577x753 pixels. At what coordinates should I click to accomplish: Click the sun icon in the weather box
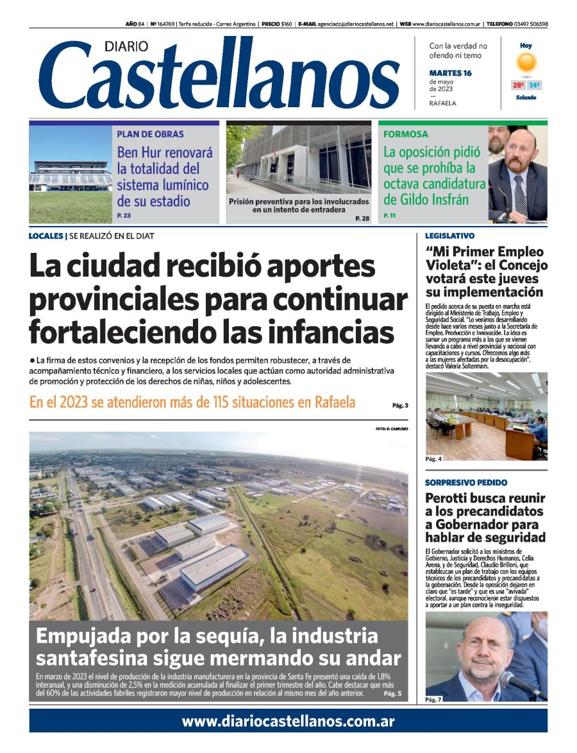click(x=526, y=62)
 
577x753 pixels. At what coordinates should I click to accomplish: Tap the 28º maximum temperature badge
click(x=518, y=85)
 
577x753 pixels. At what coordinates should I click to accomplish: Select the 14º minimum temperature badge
click(x=534, y=85)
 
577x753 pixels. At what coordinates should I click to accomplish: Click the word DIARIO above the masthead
click(x=127, y=46)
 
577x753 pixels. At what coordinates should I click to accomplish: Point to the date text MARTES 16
click(x=450, y=73)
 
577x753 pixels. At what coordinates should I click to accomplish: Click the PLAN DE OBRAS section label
click(x=150, y=134)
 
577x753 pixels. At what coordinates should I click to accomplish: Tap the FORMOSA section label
click(x=406, y=134)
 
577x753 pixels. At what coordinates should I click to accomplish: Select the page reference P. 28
click(x=362, y=219)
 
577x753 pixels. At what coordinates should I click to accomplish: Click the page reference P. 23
click(x=124, y=215)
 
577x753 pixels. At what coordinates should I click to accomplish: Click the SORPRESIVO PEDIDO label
click(x=466, y=482)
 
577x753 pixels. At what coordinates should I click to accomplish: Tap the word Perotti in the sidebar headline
click(x=449, y=498)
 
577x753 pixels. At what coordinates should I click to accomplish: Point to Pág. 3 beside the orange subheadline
click(x=400, y=405)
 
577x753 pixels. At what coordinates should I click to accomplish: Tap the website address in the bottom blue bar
click(x=288, y=721)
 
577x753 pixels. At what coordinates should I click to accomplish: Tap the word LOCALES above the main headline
click(x=46, y=236)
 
